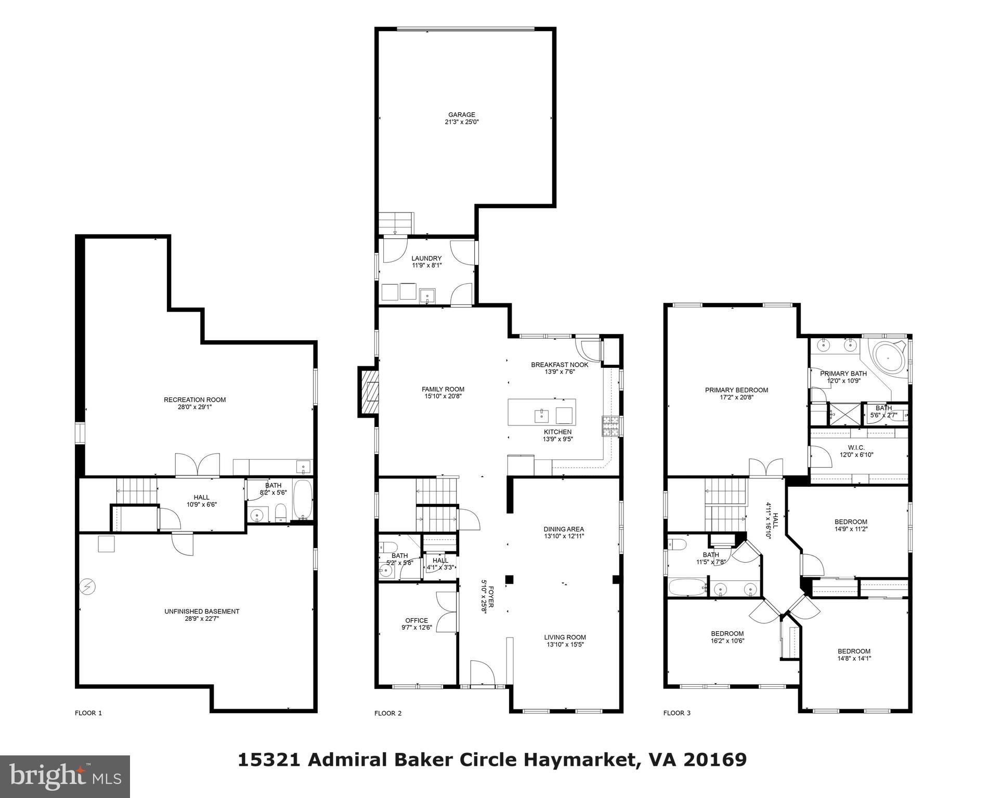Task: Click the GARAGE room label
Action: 462,115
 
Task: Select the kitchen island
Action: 542,412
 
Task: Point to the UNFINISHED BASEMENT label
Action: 202,611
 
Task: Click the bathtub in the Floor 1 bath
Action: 303,499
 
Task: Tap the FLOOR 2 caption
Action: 388,713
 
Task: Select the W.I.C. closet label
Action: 856,447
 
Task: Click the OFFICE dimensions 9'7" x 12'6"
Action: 417,628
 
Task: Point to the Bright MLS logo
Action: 65,776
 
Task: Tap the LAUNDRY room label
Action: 426,258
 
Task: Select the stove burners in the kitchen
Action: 610,426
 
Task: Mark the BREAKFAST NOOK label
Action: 559,365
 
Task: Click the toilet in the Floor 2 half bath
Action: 387,547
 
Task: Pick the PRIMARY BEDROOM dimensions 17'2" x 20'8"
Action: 736,397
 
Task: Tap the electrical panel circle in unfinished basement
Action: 87,587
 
